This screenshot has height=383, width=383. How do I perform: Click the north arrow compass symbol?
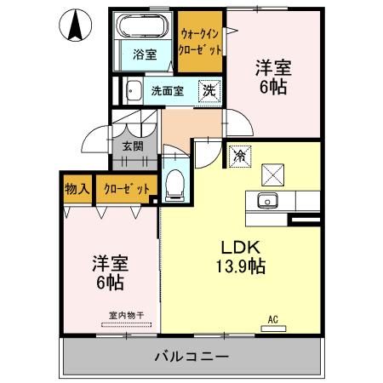(75, 26)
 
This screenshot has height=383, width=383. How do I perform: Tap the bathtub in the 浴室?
(143, 25)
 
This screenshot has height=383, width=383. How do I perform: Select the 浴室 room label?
(145, 55)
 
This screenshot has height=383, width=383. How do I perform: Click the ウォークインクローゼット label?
(201, 42)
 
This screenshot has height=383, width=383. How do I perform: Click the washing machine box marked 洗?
(208, 90)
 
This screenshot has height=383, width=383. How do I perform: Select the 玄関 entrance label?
(132, 146)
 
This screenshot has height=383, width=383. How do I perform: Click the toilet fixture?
(175, 182)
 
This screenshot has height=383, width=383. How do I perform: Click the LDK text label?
(241, 248)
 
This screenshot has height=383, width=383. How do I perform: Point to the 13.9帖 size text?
(241, 266)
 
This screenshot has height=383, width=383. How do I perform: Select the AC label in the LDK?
(273, 320)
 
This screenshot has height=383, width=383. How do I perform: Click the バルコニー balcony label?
(190, 355)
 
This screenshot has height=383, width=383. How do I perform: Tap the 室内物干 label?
(126, 315)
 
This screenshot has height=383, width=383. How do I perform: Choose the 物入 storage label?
(77, 188)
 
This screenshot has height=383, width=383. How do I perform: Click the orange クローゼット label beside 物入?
(127, 188)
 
